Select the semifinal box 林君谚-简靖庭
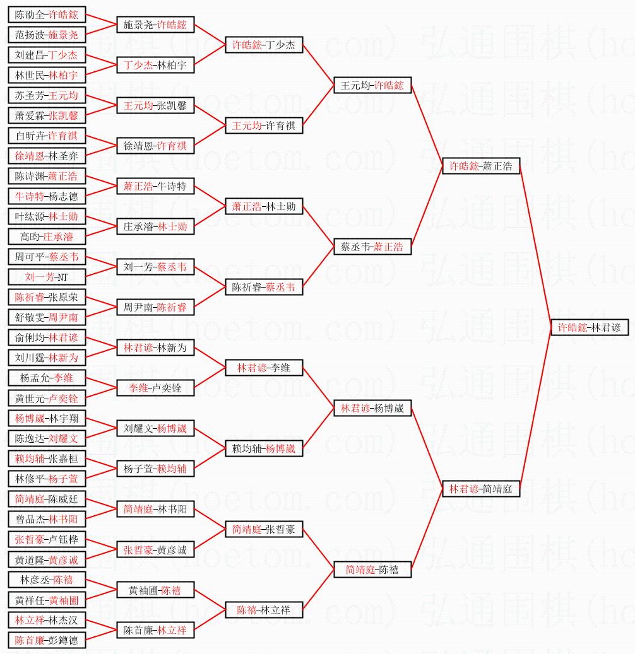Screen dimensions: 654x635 pyautogui.click(x=481, y=489)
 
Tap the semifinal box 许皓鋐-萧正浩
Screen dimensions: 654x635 pyautogui.click(x=481, y=166)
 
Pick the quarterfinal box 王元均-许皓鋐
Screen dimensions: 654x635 pyautogui.click(x=372, y=85)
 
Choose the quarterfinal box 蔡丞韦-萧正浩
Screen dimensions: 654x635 pyautogui.click(x=372, y=247)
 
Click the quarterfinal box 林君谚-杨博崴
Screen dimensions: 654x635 pyautogui.click(x=372, y=408)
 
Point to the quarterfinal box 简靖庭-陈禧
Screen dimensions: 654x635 pyautogui.click(x=372, y=569)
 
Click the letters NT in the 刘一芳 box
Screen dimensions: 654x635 pyautogui.click(x=62, y=277)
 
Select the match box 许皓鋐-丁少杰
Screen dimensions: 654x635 pyautogui.click(x=264, y=45)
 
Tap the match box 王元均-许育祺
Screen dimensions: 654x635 pyautogui.click(x=264, y=126)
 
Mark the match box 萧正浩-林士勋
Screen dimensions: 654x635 pyautogui.click(x=264, y=206)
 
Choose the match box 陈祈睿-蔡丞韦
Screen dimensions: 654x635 pyautogui.click(x=264, y=287)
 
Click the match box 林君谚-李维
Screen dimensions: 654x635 pyautogui.click(x=264, y=368)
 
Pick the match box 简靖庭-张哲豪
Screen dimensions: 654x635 pyautogui.click(x=264, y=529)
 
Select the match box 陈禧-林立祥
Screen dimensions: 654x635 pyautogui.click(x=264, y=610)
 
